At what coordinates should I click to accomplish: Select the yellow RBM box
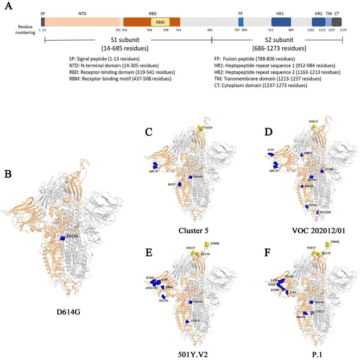160,22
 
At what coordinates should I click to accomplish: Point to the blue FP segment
240,22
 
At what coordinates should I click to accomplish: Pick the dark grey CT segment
337,22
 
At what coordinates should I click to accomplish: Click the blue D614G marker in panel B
63,237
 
